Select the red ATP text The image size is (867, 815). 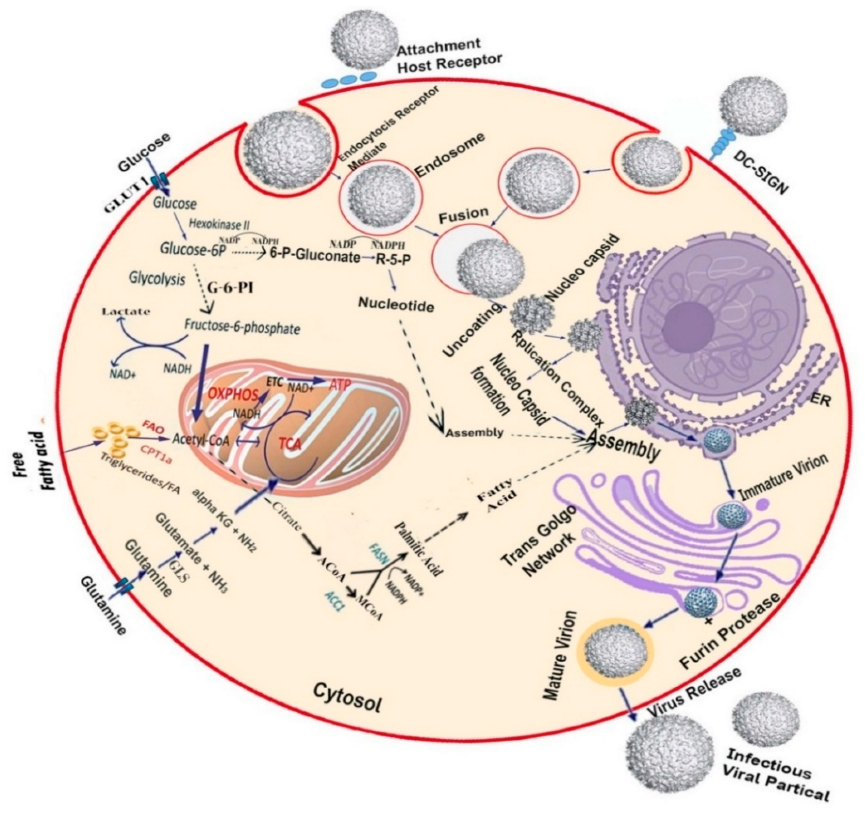tap(341, 385)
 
